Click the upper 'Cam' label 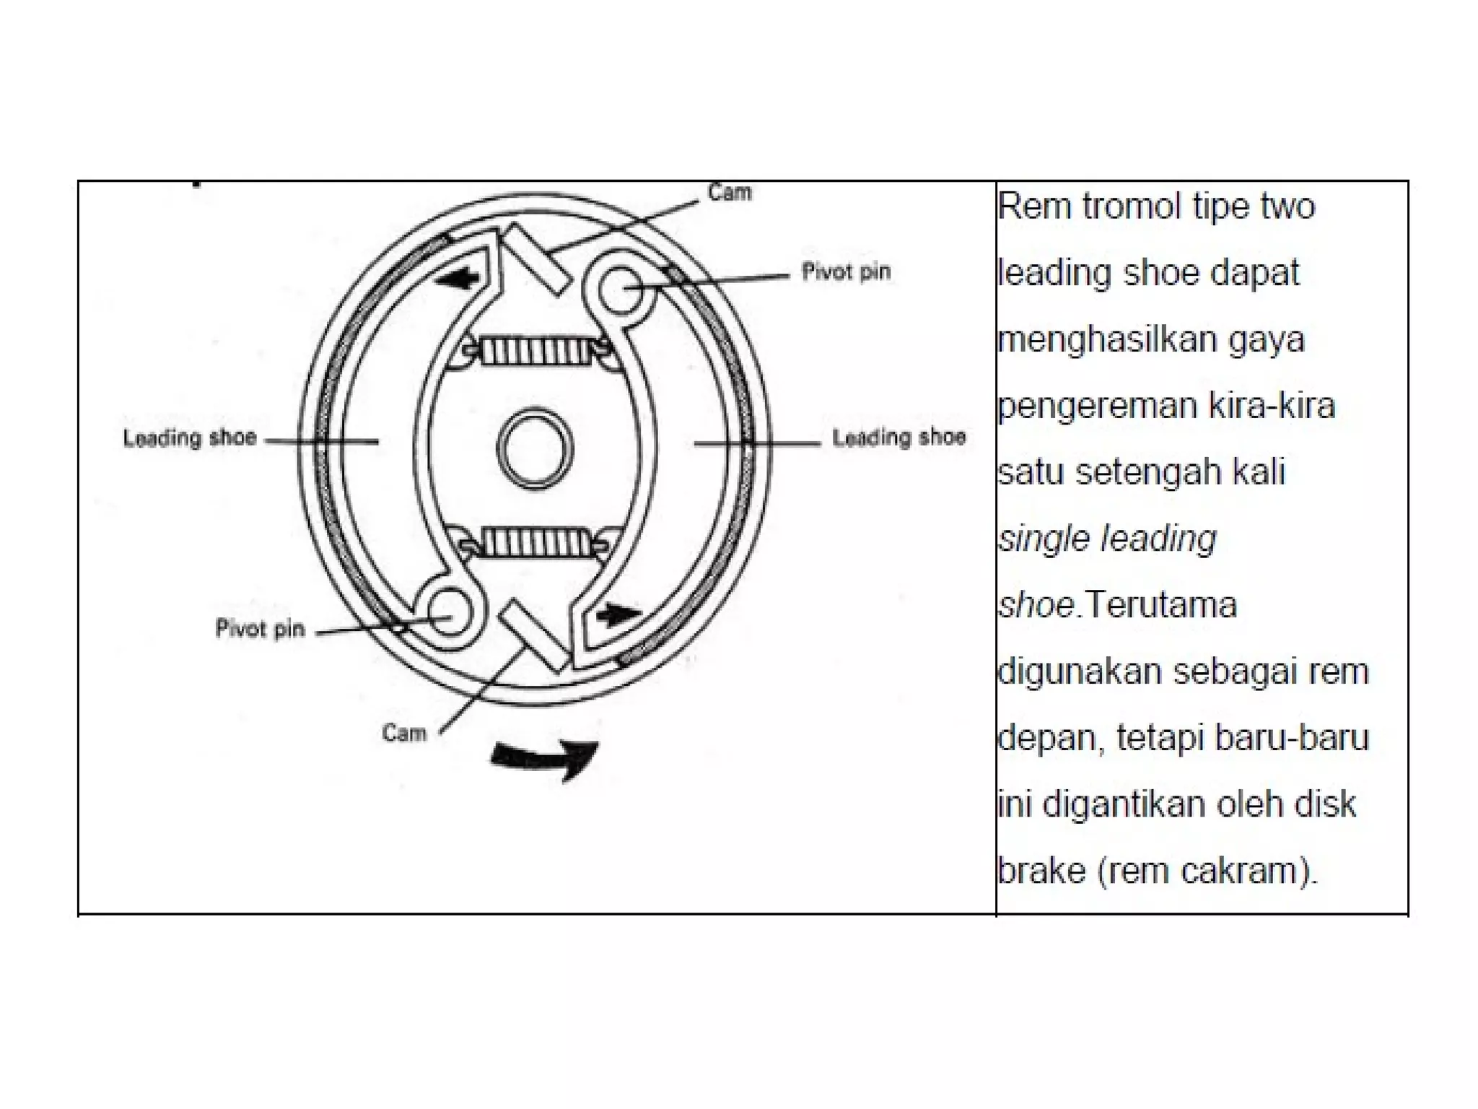[730, 193]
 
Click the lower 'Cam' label [404, 734]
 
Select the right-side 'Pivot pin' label [846, 272]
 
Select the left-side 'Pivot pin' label [260, 629]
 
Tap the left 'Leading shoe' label [190, 438]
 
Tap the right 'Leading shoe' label [898, 438]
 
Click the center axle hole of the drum [535, 448]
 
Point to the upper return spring [535, 352]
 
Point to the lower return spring [535, 542]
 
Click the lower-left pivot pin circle [449, 611]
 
